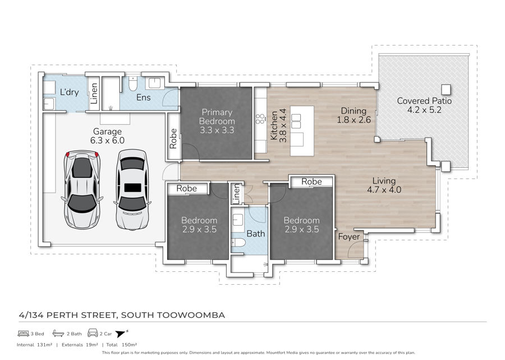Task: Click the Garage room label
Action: (x=107, y=136)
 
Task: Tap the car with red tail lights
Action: (x=82, y=189)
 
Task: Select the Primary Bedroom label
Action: (x=217, y=121)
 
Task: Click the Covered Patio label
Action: (x=424, y=106)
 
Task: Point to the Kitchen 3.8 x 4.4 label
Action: (x=278, y=125)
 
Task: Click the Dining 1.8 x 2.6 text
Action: (x=353, y=115)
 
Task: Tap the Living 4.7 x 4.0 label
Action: (x=384, y=185)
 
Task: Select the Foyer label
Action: (x=349, y=236)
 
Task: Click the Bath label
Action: (x=256, y=233)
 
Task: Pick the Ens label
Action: (x=143, y=97)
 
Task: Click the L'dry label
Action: (x=69, y=92)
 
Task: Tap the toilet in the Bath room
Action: (x=238, y=242)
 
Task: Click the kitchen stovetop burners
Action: (x=260, y=119)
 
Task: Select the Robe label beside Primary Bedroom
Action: (x=173, y=139)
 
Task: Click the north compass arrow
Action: (x=121, y=334)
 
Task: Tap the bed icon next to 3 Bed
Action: (x=24, y=333)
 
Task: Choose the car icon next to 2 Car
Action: (x=93, y=333)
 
